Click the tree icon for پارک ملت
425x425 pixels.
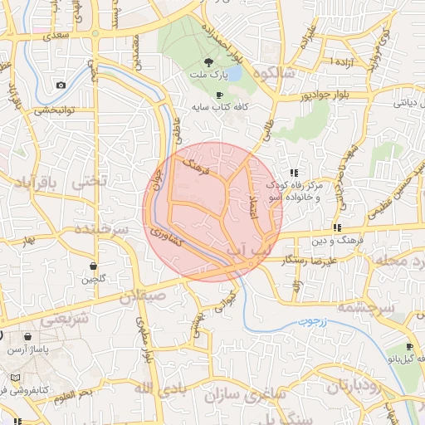tap(208, 63)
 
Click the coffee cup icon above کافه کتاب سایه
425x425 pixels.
tap(219, 95)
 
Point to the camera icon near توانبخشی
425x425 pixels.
tap(61, 85)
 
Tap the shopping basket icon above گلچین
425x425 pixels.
tap(94, 266)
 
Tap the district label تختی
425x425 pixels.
tap(90, 180)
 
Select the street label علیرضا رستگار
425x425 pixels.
tap(309, 260)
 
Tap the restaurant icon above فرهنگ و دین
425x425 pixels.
tap(338, 227)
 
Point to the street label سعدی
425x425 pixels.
tap(57, 37)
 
